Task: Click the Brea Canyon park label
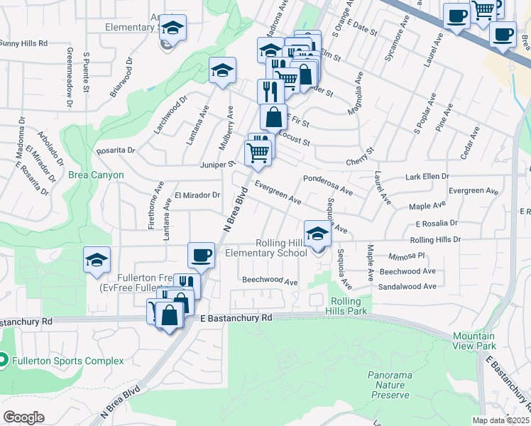click(96, 175)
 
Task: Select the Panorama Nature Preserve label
click(389, 384)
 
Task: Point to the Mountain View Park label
click(474, 340)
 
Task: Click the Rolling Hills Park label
click(348, 306)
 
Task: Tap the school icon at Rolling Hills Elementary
click(317, 233)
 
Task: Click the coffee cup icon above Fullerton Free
click(201, 255)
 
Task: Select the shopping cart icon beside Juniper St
click(258, 151)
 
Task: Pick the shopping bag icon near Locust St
click(273, 117)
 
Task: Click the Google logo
click(23, 417)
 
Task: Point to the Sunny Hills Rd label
click(23, 43)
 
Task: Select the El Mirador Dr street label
click(197, 195)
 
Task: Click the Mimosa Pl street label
click(406, 255)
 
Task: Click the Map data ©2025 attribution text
click(501, 420)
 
